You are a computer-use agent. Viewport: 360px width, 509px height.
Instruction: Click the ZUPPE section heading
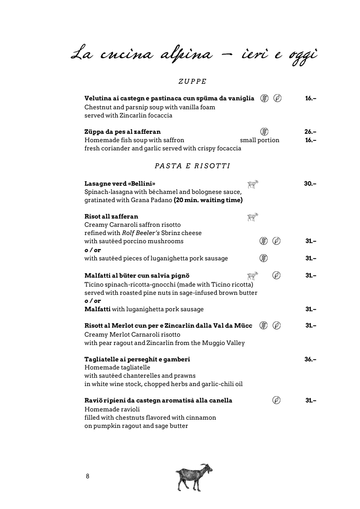tap(192, 82)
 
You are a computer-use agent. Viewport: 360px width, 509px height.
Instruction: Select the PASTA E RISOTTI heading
tap(192, 166)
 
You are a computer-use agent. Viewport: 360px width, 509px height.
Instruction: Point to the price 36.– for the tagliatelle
tap(310, 359)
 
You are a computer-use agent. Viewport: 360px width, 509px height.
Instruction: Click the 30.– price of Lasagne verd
tap(310, 184)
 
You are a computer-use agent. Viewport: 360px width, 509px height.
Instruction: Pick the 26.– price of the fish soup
tap(310, 132)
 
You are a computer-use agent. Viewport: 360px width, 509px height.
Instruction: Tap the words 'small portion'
tap(260, 140)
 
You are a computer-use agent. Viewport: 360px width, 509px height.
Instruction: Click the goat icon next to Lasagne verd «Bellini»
tap(253, 184)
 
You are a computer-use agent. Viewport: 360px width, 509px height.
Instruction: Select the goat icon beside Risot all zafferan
tap(252, 217)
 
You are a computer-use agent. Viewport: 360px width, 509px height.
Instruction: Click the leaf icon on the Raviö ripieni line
tap(276, 400)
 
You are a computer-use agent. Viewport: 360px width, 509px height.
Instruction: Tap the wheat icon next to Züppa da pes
tap(264, 131)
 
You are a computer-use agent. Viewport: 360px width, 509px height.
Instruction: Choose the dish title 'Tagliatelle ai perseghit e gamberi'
tap(137, 359)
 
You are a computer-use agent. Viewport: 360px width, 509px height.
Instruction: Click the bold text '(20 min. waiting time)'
tap(208, 200)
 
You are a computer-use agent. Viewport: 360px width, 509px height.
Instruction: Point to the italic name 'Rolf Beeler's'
tap(141, 233)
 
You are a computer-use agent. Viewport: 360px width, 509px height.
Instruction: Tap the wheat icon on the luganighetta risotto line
tap(263, 258)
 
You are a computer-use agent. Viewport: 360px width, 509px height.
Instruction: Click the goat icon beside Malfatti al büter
tap(252, 276)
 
